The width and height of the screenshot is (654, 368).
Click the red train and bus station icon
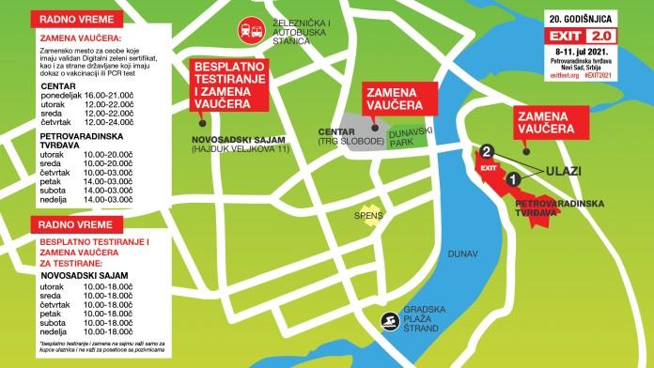[x=250, y=28]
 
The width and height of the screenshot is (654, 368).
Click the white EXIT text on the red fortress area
[x=487, y=166]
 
